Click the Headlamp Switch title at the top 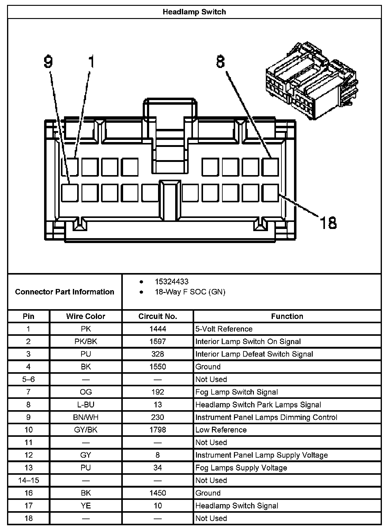point(194,12)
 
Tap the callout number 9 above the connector point(48,62)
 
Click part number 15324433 point(171,282)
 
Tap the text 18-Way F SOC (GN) point(190,292)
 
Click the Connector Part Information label point(65,292)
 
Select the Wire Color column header point(85,316)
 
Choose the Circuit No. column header point(157,316)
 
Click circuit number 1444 point(157,329)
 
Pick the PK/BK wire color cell point(85,342)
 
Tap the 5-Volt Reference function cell point(224,329)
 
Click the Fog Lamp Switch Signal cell point(236,392)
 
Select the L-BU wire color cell point(85,405)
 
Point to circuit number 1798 point(157,430)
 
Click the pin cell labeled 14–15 point(28,480)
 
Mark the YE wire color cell point(85,506)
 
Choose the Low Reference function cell point(221,430)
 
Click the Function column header point(287,316)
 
